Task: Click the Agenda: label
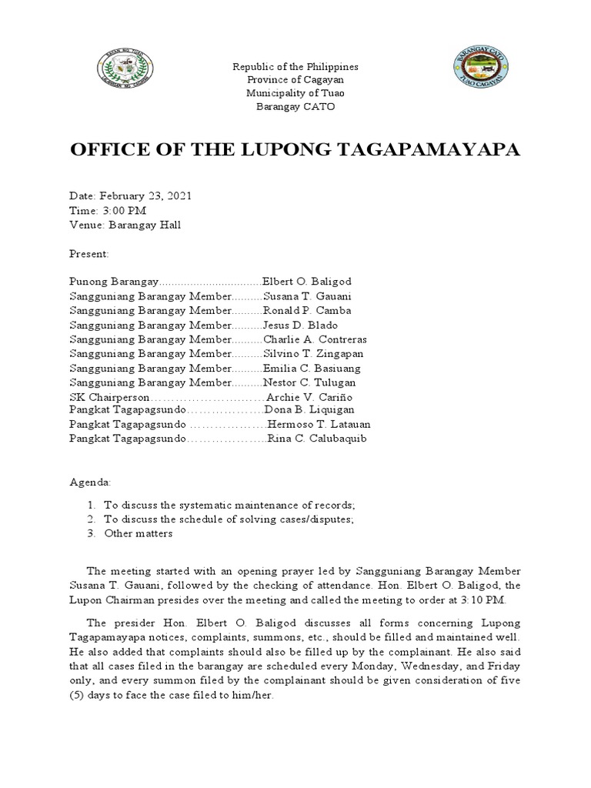point(90,482)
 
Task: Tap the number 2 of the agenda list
point(90,519)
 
